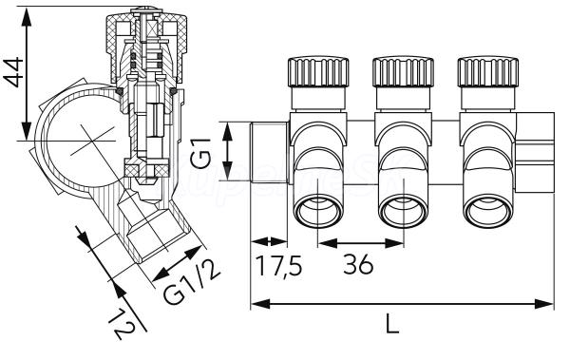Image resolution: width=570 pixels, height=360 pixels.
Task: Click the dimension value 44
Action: pos(13,72)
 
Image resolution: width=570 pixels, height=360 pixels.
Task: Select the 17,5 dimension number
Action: pos(279,265)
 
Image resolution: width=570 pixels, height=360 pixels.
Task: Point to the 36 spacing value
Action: pos(358,264)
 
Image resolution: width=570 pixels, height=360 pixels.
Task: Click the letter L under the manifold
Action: pos(391,323)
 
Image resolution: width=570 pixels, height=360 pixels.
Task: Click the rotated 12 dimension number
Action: pos(123,324)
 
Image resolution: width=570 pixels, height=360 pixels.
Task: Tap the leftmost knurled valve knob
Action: pos(318,72)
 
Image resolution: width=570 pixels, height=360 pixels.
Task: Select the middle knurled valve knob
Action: pos(403,72)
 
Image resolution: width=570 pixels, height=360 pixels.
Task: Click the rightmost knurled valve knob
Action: pos(488,72)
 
